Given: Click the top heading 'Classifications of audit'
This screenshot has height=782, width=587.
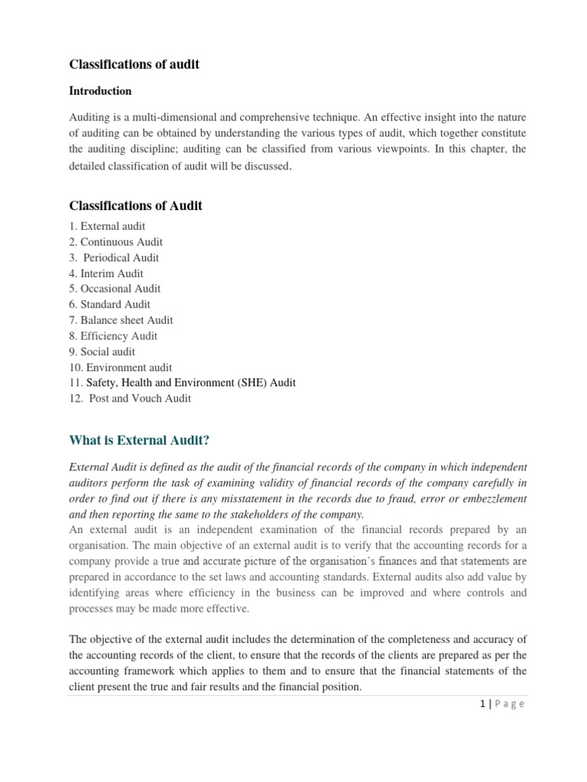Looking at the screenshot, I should (x=135, y=64).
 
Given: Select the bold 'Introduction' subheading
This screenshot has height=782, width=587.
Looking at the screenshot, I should (x=100, y=91).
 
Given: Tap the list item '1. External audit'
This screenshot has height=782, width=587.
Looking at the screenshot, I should (x=107, y=226).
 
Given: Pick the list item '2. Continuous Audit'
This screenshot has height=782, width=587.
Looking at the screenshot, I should (x=116, y=242).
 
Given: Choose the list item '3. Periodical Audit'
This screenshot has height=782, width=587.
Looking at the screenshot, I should (x=115, y=257).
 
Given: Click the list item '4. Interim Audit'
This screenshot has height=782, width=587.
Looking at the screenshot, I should (x=106, y=273).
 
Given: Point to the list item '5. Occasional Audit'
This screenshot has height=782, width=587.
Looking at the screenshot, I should (x=115, y=289).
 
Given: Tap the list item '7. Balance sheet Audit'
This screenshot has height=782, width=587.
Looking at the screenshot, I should (x=122, y=320).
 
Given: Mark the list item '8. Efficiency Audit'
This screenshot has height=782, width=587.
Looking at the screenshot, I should (x=114, y=336).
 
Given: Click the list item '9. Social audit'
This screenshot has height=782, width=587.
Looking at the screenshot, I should (x=102, y=351).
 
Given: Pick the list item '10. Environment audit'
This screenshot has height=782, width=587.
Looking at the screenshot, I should (x=121, y=367).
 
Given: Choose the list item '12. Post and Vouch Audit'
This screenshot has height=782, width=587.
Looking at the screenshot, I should (x=131, y=398).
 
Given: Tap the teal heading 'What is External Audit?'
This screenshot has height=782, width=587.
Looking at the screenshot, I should (x=139, y=440).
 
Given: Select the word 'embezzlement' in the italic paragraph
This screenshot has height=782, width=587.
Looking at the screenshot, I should (x=488, y=499).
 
